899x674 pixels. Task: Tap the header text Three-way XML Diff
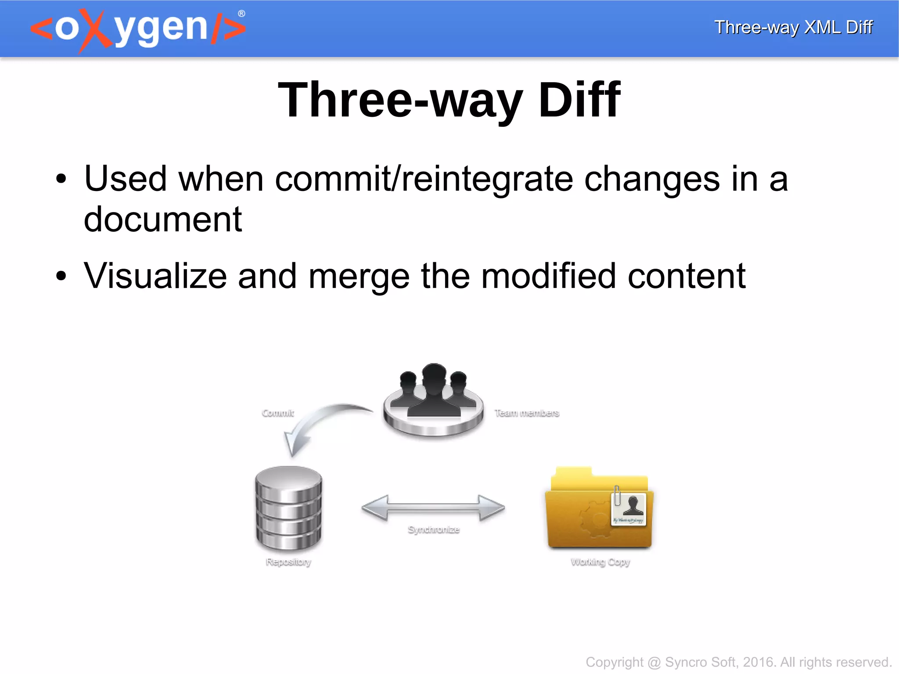793,27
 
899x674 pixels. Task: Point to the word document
163,219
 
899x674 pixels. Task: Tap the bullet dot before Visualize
61,276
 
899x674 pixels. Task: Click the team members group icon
433,400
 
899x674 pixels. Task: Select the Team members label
527,413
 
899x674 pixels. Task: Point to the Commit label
278,413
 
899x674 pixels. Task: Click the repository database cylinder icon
289,508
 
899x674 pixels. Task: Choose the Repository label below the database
288,562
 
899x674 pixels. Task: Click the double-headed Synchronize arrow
433,508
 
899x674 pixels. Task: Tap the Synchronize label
433,530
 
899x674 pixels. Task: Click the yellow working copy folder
599,509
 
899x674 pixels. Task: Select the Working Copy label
600,562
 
